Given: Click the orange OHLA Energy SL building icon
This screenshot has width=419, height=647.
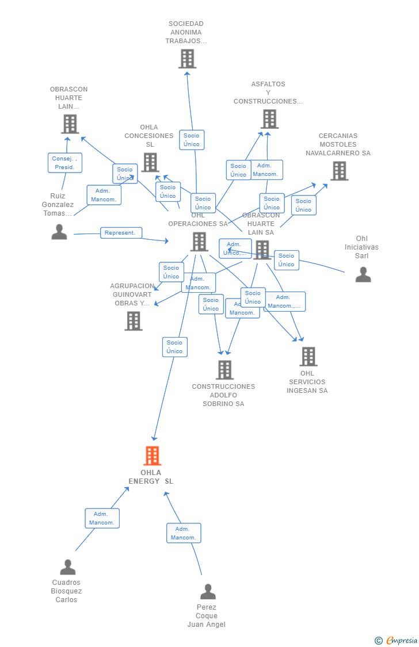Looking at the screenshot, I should [x=152, y=456].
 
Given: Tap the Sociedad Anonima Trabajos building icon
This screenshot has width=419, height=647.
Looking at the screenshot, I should [x=187, y=59].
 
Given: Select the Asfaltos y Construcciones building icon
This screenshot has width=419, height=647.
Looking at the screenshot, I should [x=269, y=119].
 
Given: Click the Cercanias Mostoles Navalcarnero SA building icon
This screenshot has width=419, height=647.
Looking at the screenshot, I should [x=339, y=171].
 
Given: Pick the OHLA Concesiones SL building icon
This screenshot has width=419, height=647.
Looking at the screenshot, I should [x=150, y=162].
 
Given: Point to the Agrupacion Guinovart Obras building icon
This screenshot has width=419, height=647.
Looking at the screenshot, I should [x=133, y=321].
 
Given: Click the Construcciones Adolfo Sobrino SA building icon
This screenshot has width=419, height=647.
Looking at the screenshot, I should [x=224, y=370].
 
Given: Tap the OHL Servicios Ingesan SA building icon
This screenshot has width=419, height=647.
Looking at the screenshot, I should [x=308, y=357].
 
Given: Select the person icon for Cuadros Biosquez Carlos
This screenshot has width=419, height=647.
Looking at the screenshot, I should [x=68, y=567].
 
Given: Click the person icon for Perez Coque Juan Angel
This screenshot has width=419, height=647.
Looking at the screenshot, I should [x=208, y=592].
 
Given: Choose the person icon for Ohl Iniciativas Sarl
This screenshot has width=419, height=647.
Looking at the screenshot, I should [x=363, y=275].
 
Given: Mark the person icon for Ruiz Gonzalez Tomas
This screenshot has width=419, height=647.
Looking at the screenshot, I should [x=59, y=232].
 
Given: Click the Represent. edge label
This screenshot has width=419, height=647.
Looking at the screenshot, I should [x=121, y=233].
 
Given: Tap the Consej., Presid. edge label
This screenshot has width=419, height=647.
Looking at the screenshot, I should [x=64, y=163].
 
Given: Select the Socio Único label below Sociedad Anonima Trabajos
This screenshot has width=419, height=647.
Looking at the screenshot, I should [x=192, y=140].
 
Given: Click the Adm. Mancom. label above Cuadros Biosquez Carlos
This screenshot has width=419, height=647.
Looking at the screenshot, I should [x=102, y=518].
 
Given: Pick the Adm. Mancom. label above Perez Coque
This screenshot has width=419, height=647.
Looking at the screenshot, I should [x=184, y=533].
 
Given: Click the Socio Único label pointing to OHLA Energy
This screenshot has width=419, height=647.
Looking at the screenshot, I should [x=174, y=347].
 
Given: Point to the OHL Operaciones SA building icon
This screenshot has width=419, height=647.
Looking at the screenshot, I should [x=199, y=242].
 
